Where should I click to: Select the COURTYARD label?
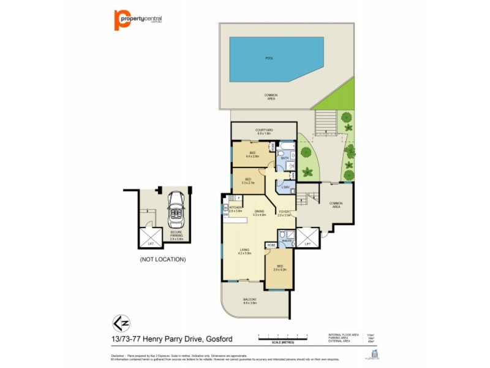(x=265, y=131)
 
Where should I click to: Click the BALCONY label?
(x=249, y=300)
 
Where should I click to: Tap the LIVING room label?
(x=244, y=251)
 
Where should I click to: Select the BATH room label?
(x=284, y=158)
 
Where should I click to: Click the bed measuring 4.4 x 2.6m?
(x=252, y=155)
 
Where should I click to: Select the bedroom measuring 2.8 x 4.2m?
(x=280, y=268)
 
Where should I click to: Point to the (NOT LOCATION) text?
(x=162, y=259)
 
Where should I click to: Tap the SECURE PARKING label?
(x=176, y=234)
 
